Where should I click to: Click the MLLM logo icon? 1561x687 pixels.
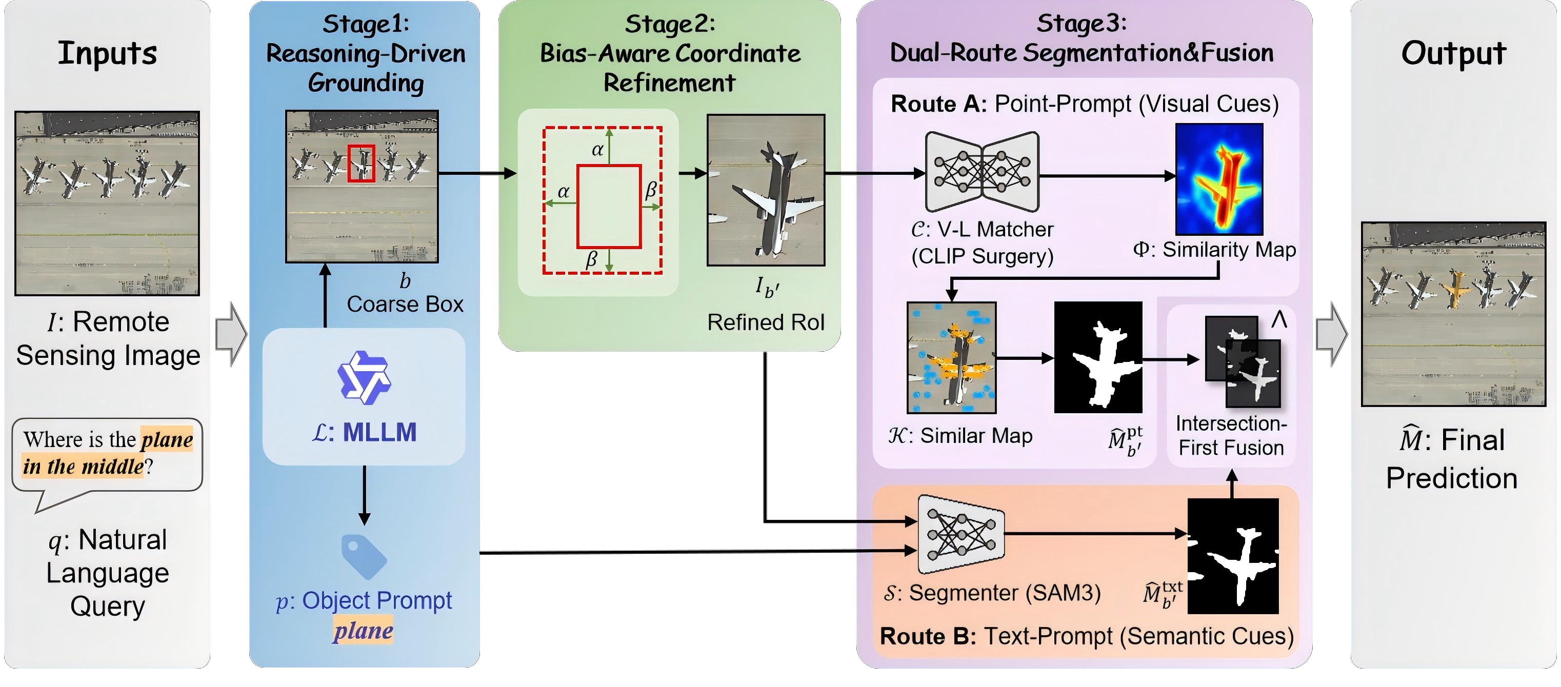tap(364, 377)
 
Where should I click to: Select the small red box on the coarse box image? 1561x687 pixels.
tap(361, 163)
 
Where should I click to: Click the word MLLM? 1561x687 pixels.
tap(379, 433)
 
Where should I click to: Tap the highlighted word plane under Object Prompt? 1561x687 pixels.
tap(363, 631)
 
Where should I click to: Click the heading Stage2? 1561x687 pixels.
tap(670, 24)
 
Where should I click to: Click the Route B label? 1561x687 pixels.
tap(927, 636)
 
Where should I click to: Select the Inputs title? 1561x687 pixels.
tap(107, 53)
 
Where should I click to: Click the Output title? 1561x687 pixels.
tap(1453, 53)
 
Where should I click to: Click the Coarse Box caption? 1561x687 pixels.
tap(405, 304)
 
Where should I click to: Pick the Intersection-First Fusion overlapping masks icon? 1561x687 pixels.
tap(1242, 361)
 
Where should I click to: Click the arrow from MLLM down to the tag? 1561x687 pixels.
tap(364, 494)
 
